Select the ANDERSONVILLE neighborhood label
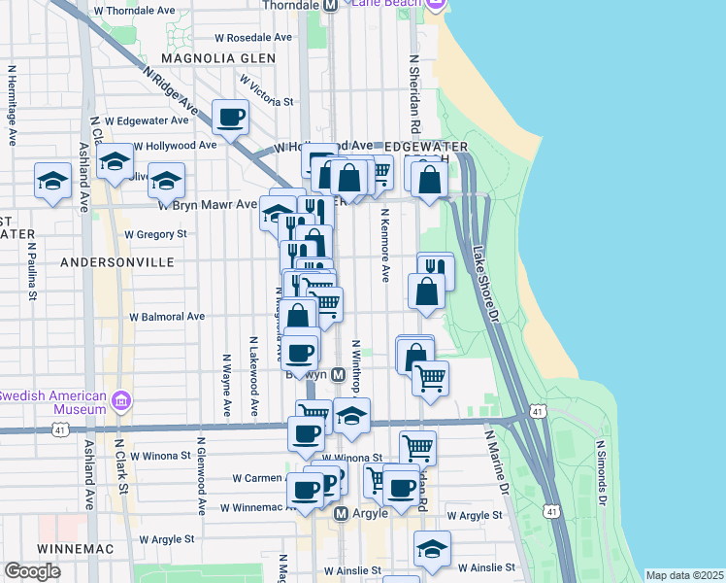116,262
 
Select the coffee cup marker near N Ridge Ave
231,119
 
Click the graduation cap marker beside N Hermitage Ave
52,181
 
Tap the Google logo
32,571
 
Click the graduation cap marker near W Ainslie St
432,549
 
